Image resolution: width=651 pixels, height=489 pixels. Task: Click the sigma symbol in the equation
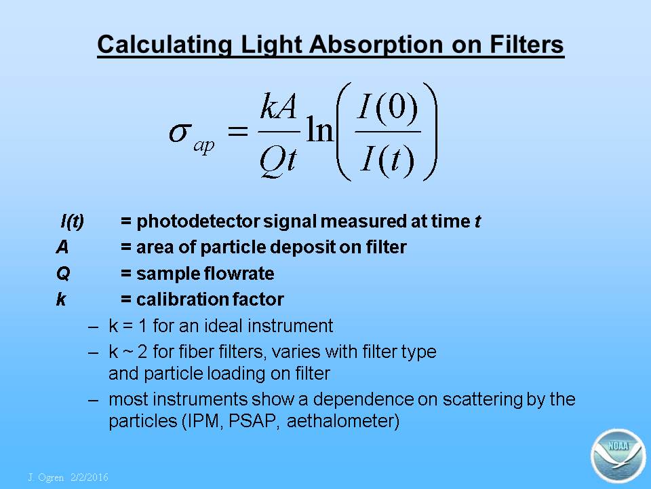180,134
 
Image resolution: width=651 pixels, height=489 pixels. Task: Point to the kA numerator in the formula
278,107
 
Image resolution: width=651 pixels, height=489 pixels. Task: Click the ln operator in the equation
319,129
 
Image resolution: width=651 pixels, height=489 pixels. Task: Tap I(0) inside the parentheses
388,107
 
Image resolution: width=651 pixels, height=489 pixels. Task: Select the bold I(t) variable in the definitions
73,221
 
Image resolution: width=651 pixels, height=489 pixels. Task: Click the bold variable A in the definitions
62,247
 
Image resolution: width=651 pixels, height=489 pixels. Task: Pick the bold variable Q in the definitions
63,274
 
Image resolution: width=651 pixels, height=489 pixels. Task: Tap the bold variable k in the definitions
61,300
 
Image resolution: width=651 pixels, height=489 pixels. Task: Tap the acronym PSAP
252,421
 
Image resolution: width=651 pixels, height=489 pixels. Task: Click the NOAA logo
618,456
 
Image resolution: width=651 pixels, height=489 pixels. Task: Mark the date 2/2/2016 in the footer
90,477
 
